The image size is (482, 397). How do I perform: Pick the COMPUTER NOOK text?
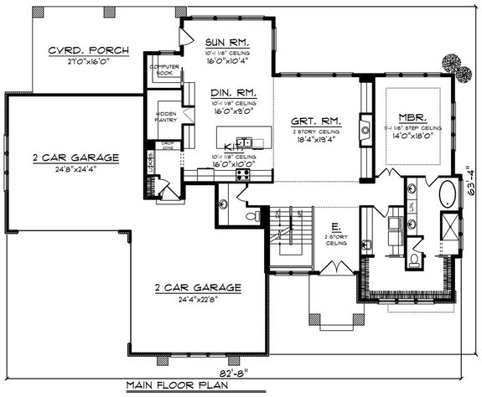point(164,70)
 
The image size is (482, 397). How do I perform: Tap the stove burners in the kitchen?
point(243,175)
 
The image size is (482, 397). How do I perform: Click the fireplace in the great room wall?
point(365,127)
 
